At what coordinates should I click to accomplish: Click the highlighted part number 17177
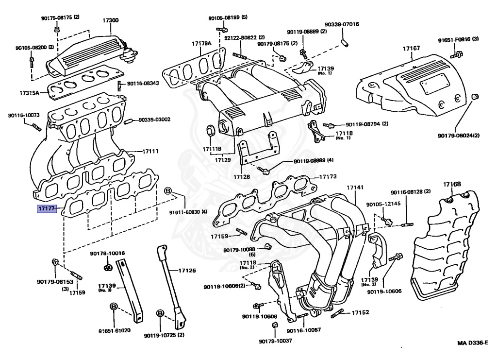pos(47,209)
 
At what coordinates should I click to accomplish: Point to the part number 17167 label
pos(411,49)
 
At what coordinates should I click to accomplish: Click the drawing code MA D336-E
pos(474,343)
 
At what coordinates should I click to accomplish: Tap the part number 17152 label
pos(360,312)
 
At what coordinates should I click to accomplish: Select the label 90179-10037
pos(275,341)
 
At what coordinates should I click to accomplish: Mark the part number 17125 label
pos(187,270)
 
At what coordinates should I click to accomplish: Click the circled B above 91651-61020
pos(113,306)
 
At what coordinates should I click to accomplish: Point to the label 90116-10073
pos(23,116)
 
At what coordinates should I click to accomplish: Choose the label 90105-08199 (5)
pos(228,17)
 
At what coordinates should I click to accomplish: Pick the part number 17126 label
pos(241,177)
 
